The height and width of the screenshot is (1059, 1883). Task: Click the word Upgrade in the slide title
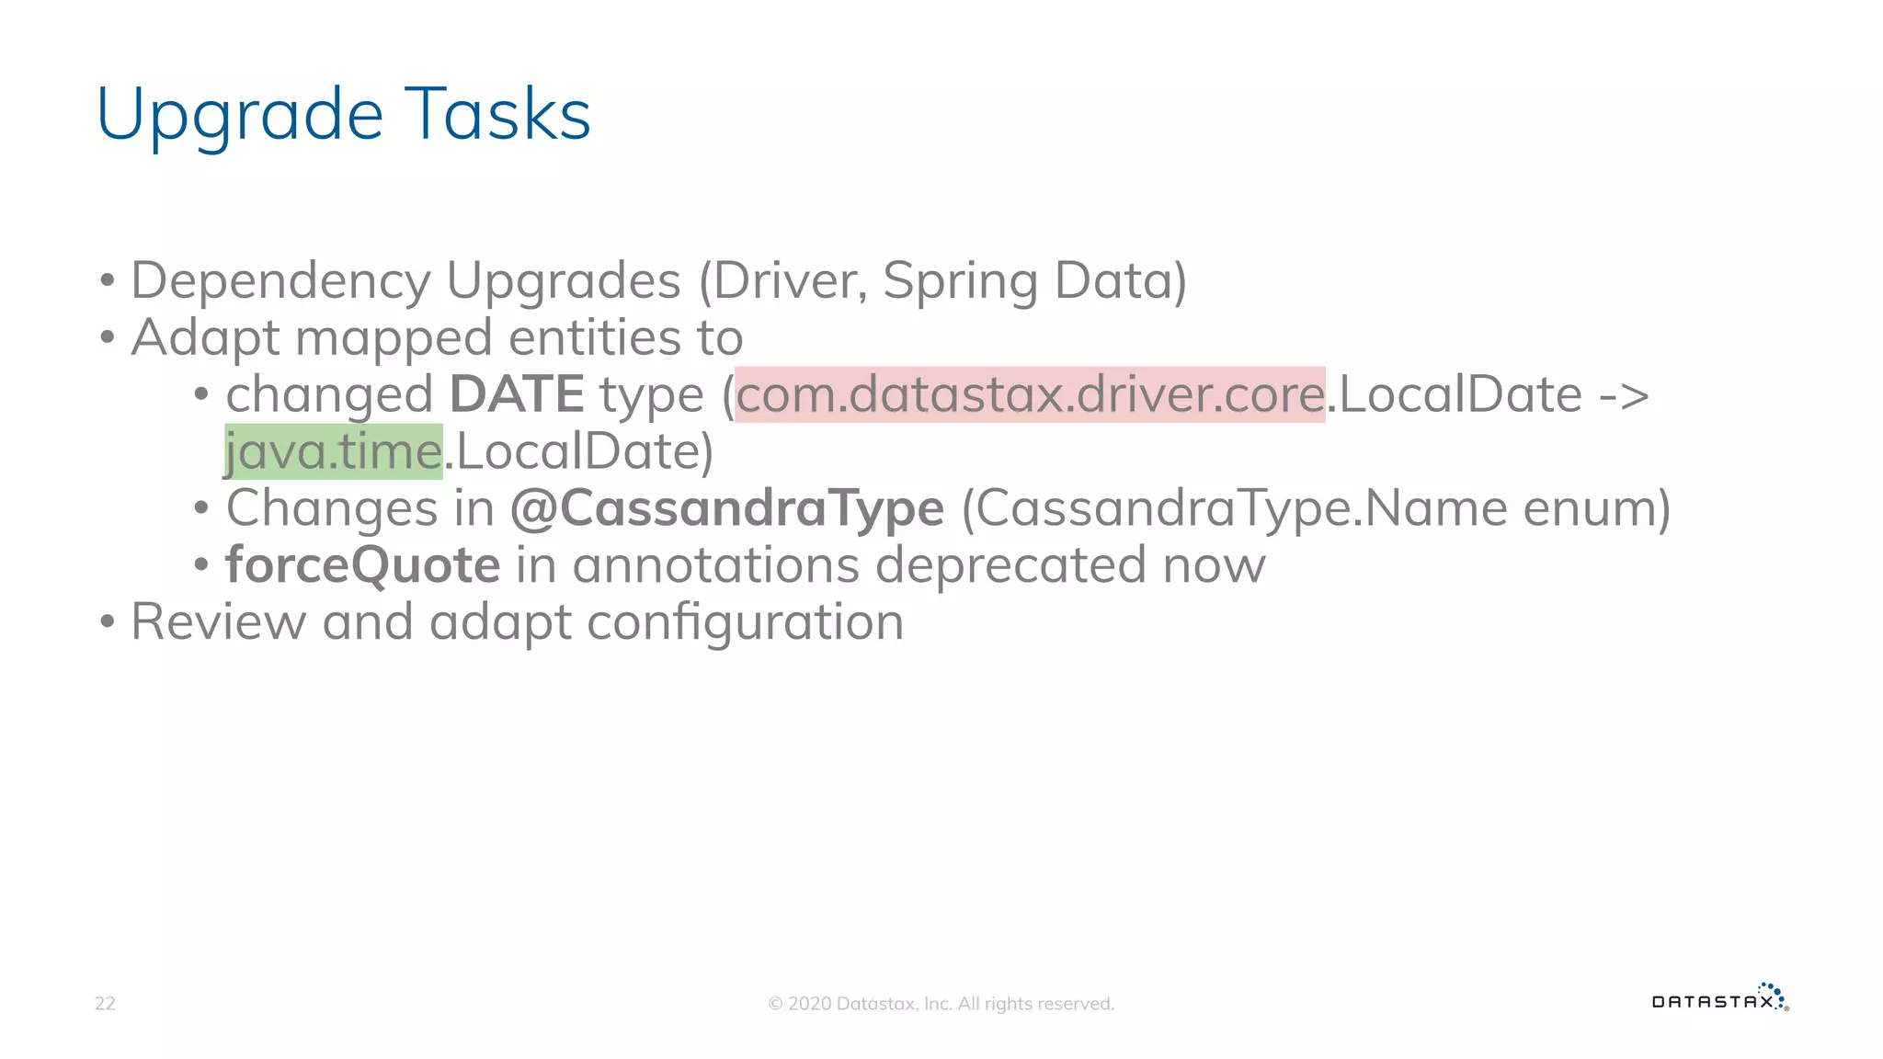point(239,116)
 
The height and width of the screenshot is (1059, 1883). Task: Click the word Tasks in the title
point(497,114)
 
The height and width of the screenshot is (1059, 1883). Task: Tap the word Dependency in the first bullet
point(280,281)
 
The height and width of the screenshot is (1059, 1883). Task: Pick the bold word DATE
point(517,394)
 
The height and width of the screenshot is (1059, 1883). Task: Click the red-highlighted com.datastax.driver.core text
point(1030,394)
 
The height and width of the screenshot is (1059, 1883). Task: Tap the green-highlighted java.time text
point(334,451)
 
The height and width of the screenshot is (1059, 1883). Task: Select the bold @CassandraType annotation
point(727,508)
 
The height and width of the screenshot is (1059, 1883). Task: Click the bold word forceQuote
point(363,564)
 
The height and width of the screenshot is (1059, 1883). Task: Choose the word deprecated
point(1010,564)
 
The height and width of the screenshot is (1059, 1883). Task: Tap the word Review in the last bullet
point(219,621)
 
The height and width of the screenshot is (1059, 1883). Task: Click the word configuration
point(745,622)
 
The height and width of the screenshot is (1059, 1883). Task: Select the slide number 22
point(105,1003)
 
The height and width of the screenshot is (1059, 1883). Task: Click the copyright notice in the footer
point(941,1004)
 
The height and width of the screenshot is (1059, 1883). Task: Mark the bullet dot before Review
point(108,622)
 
